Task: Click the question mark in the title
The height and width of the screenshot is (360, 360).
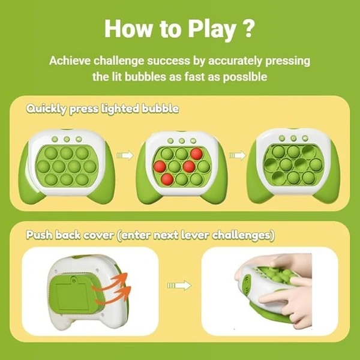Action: coord(248,28)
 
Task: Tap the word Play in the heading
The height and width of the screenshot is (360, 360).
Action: coord(212,30)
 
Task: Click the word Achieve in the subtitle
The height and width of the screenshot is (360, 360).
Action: coord(70,61)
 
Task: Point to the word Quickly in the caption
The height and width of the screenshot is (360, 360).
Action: coord(46,109)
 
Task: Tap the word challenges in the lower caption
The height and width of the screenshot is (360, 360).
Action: coord(243,235)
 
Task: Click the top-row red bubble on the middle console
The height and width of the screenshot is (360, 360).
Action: coord(197,154)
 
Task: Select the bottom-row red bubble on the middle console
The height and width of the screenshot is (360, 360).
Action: coord(167,179)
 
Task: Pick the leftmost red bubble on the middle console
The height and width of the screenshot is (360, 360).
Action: coord(160,166)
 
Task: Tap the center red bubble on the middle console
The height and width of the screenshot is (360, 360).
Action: coord(189,166)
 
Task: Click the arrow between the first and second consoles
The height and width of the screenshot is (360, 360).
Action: coord(125,155)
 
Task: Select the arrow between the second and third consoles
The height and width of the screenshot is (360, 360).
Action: coord(238,155)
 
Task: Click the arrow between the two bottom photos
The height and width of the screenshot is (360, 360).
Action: coord(179,286)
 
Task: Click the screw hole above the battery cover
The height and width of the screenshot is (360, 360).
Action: coord(73,280)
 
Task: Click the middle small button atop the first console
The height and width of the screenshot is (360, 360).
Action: coord(67,139)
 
